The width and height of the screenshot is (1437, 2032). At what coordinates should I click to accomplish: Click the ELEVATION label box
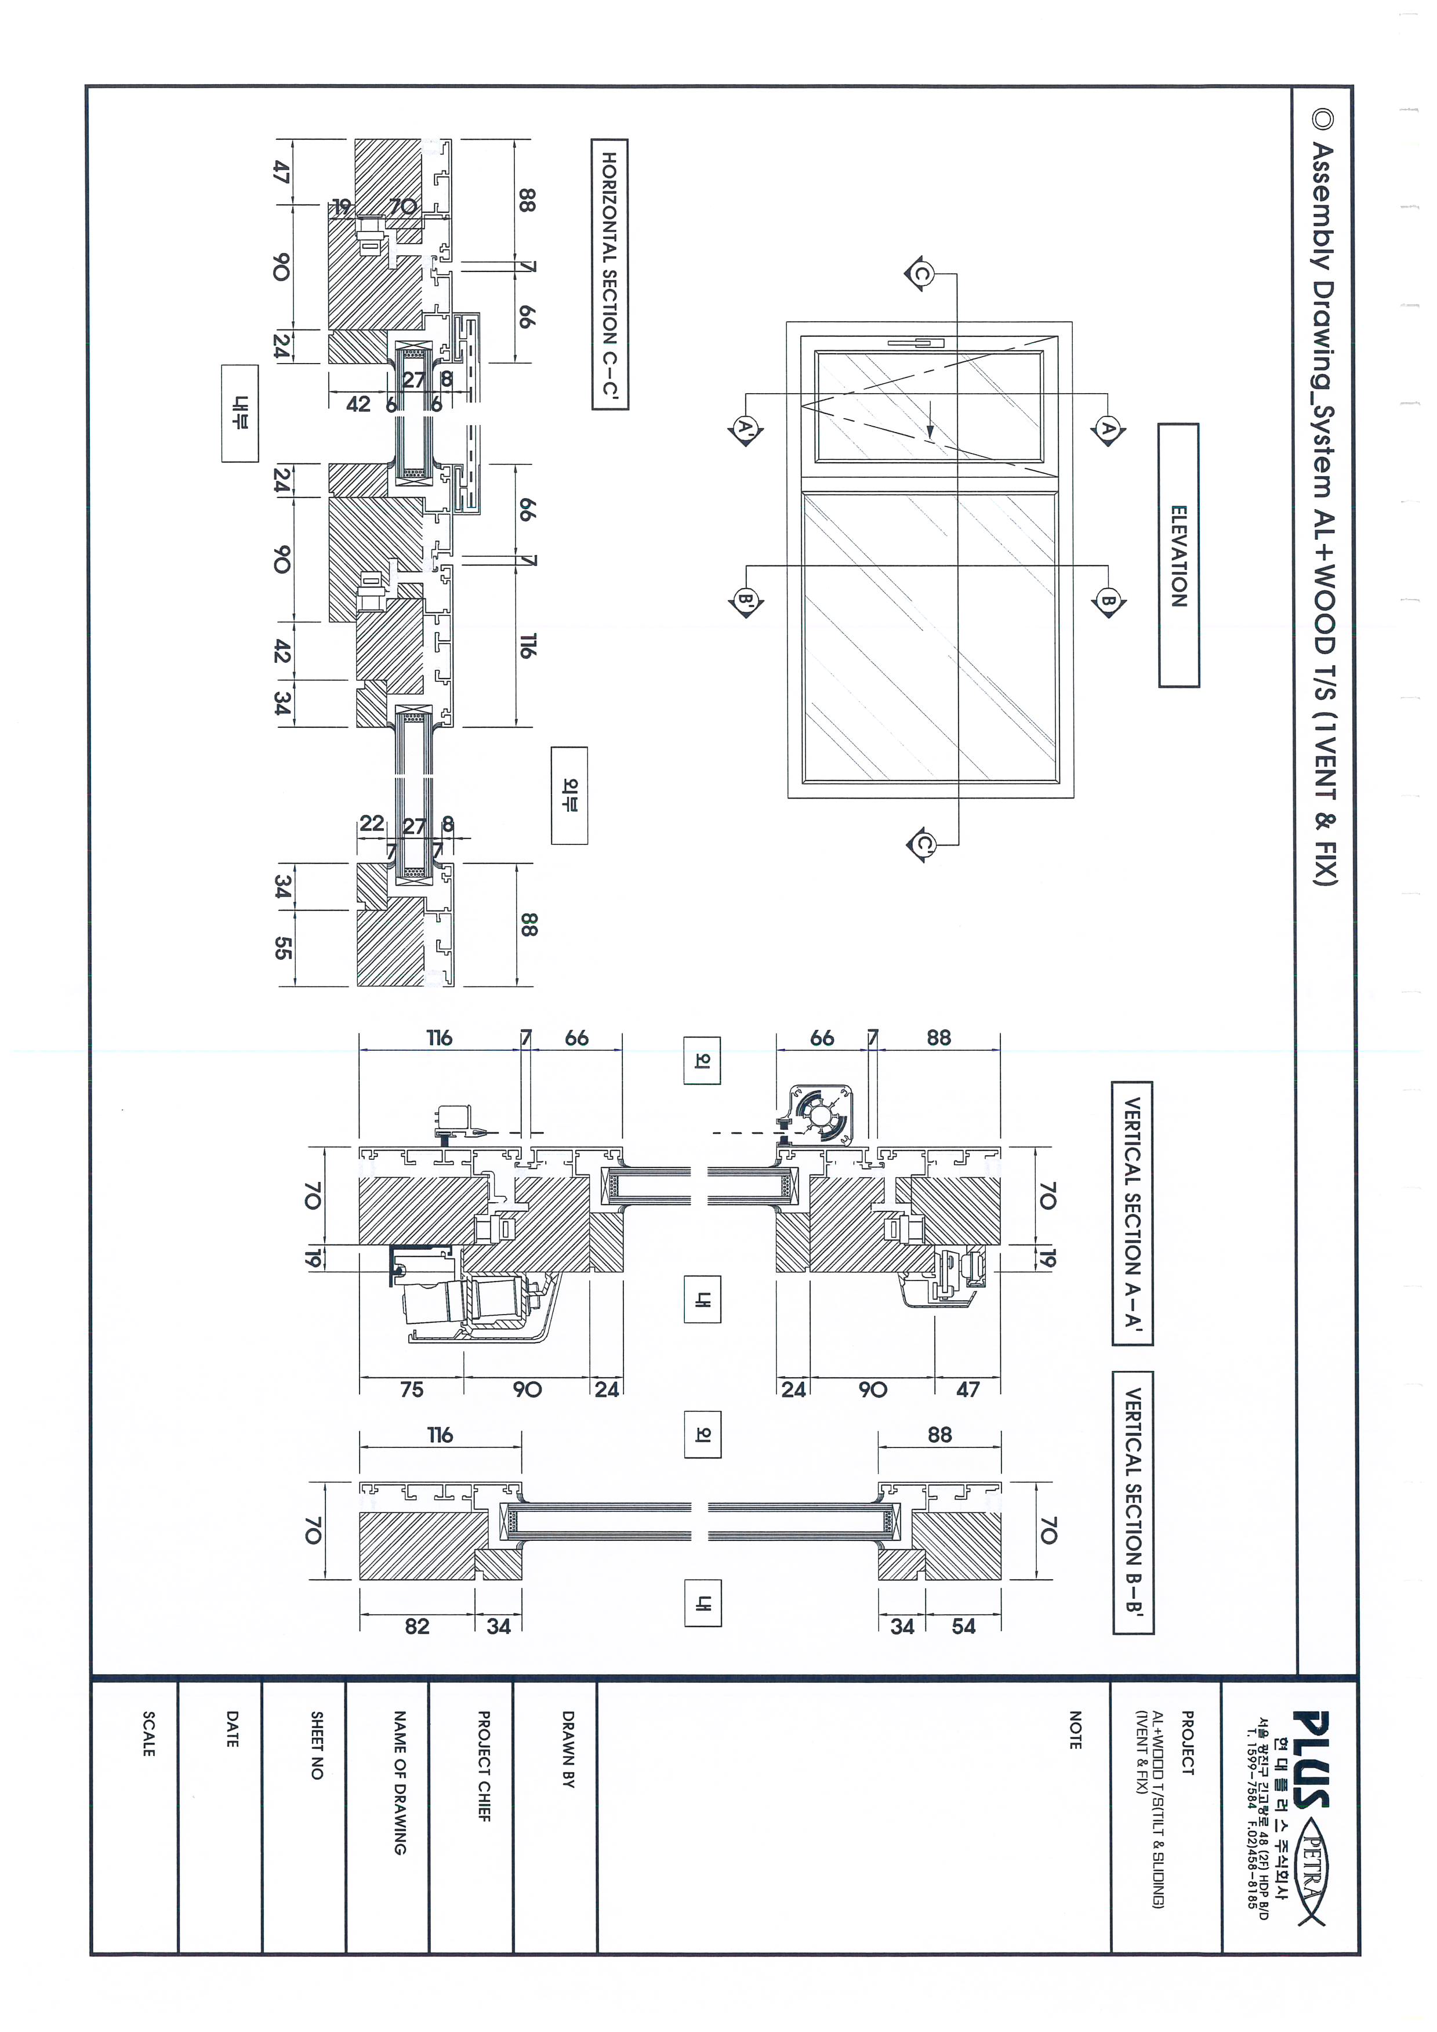point(1178,556)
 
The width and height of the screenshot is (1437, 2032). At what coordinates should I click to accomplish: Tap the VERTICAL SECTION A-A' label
point(1133,1213)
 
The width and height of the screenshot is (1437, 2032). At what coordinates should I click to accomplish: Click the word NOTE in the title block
point(1075,1730)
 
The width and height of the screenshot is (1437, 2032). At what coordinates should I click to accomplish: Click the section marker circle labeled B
point(1108,602)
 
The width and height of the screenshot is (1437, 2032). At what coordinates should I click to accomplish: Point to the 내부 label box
point(241,413)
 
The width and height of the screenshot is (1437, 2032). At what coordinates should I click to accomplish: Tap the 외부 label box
point(569,794)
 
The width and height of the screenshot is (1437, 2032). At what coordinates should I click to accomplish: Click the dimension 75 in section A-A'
point(412,1389)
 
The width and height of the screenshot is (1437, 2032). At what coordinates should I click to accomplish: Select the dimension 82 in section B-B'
point(417,1626)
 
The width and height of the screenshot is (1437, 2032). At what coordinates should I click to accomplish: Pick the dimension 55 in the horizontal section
point(282,949)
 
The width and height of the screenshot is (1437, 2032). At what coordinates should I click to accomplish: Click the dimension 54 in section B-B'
point(964,1626)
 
